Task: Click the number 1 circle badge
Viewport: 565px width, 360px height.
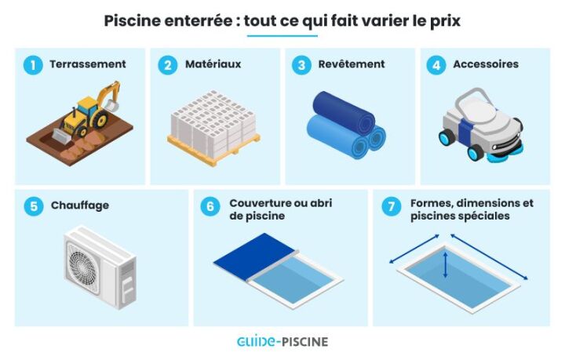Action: click(x=33, y=65)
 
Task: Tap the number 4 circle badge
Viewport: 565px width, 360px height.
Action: click(x=436, y=65)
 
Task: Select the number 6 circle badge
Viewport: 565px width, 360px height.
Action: click(x=210, y=206)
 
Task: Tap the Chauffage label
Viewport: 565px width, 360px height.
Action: click(x=79, y=206)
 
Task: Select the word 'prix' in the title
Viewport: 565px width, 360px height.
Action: click(x=443, y=20)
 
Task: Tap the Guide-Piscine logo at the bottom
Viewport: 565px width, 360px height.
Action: click(x=282, y=341)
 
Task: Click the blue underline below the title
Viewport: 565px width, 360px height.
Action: click(x=282, y=36)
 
